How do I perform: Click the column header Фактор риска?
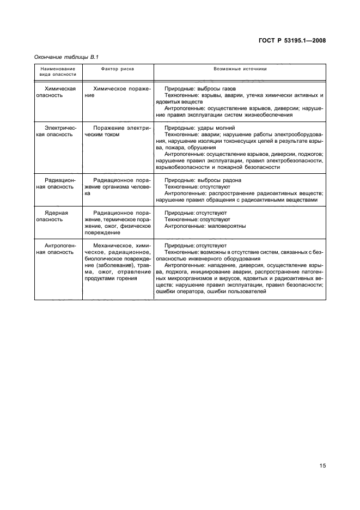point(118,69)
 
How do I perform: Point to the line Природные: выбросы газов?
point(200,88)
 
